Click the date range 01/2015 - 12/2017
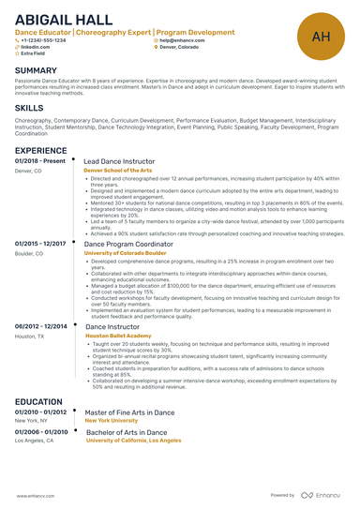[x=40, y=244]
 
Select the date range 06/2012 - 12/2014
[x=40, y=325]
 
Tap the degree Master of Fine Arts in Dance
[x=128, y=412]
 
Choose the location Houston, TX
[x=29, y=335]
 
